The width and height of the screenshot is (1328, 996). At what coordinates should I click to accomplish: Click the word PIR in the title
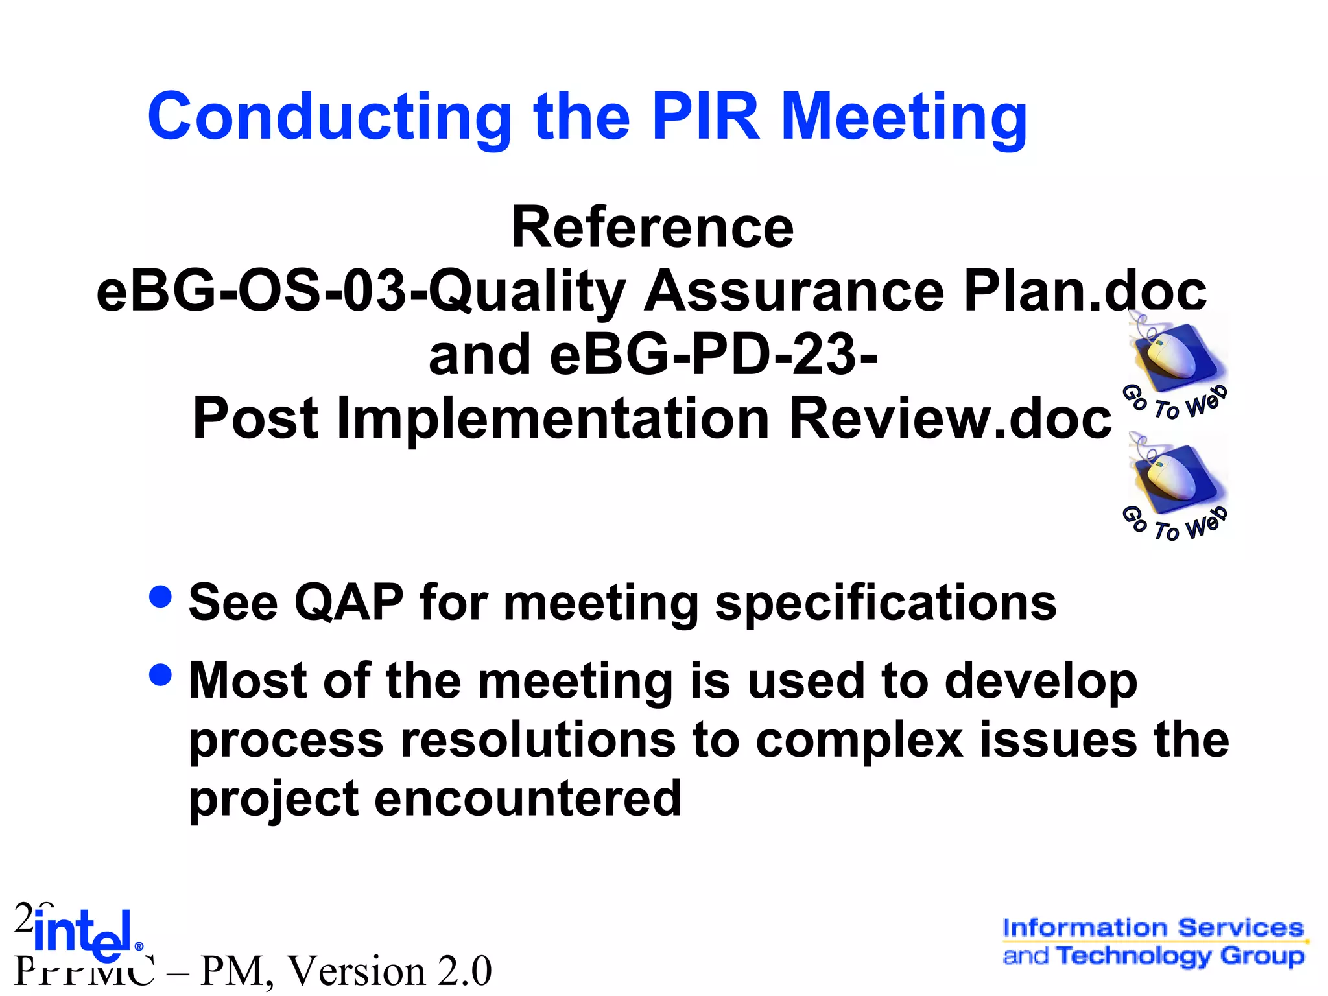coord(705,117)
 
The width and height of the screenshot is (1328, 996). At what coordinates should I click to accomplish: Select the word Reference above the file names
coord(652,228)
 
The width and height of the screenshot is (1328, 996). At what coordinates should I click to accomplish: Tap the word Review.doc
coord(950,418)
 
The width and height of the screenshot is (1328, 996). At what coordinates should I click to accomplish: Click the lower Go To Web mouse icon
coord(1174,488)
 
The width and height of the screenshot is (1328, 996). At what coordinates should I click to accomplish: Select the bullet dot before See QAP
coord(160,597)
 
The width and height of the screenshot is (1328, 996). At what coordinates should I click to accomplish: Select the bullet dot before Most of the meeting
coord(160,674)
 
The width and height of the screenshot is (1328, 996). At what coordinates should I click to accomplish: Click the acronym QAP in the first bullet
coord(349,603)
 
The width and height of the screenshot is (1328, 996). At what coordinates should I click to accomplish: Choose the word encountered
coord(528,798)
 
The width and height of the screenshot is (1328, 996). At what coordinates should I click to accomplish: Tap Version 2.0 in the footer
coord(389,971)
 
